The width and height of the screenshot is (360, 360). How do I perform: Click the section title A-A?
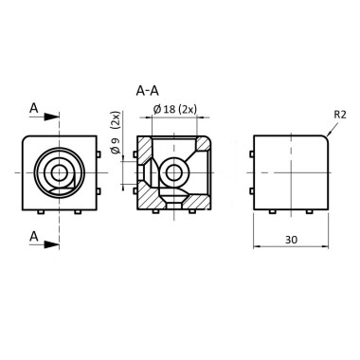147,92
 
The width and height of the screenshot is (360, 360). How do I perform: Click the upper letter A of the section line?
34,109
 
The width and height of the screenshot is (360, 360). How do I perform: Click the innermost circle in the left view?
59,171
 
